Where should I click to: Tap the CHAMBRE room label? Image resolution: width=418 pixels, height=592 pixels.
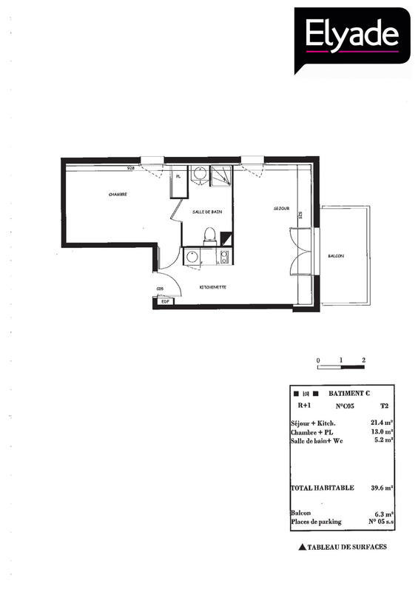tap(118, 195)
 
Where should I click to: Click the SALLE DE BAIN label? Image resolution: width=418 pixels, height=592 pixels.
tap(207, 212)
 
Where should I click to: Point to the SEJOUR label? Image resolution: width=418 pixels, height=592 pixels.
tap(280, 209)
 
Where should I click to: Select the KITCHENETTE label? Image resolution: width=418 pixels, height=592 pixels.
tap(213, 286)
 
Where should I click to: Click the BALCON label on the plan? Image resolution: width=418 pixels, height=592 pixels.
tap(336, 256)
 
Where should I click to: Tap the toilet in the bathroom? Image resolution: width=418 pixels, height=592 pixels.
tap(210, 236)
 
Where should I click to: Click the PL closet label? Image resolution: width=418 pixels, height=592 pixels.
tap(178, 176)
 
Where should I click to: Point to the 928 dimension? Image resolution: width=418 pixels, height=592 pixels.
tap(131, 168)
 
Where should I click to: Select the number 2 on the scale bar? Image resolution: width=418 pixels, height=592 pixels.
tap(364, 360)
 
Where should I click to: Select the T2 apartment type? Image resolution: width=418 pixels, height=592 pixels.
tap(384, 406)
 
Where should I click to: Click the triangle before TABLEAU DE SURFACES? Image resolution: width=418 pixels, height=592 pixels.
tap(301, 548)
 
